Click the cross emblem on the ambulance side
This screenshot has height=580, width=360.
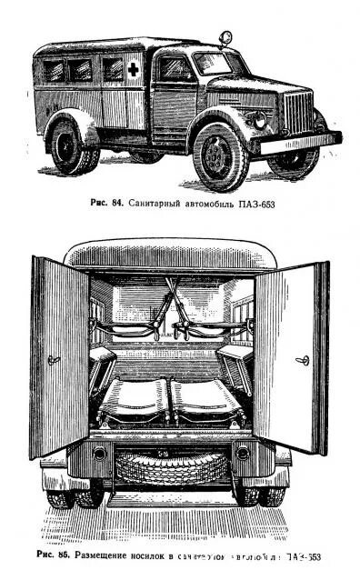pyautogui.click(x=133, y=69)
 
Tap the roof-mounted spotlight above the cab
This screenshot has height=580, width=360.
pyautogui.click(x=223, y=40)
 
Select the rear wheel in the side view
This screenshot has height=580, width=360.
pyautogui.click(x=71, y=147)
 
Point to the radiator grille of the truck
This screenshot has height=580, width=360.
pyautogui.click(x=298, y=113)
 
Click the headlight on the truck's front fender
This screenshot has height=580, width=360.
pyautogui.click(x=261, y=119)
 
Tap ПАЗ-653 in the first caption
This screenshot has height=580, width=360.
pyautogui.click(x=255, y=205)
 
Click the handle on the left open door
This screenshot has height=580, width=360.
pyautogui.click(x=55, y=360)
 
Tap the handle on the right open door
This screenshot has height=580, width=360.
pyautogui.click(x=302, y=361)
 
